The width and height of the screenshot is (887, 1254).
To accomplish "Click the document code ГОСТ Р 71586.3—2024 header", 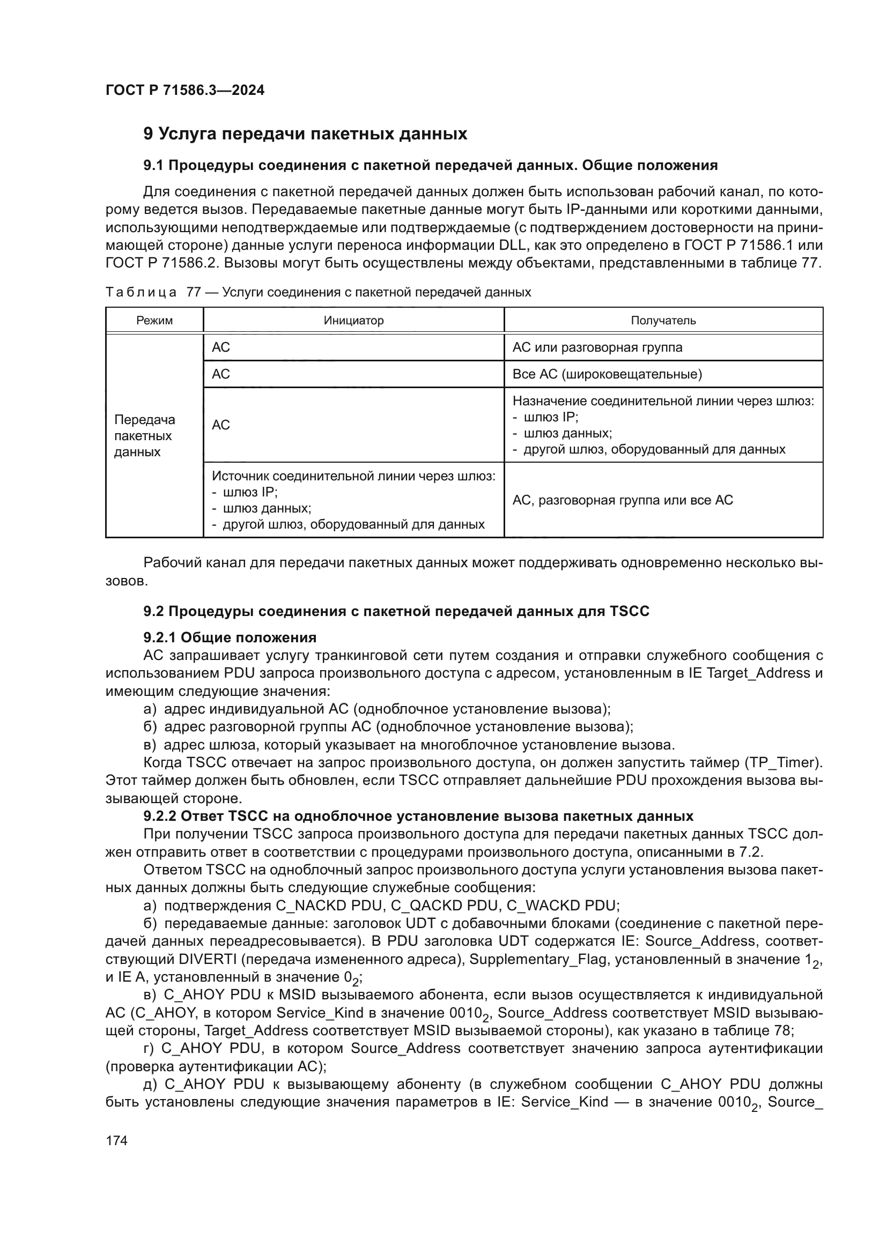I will [184, 90].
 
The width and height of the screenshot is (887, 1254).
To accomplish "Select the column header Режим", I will [154, 321].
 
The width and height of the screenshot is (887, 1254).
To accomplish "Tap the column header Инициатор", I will [353, 321].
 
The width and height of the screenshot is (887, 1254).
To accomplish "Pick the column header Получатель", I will [663, 321].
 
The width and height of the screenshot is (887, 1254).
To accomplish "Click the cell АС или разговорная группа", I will [597, 347].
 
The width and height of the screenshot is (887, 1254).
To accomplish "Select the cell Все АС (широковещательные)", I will [607, 374].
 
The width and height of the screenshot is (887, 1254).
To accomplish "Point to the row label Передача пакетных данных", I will [144, 436].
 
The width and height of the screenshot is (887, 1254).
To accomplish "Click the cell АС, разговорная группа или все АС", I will [622, 500].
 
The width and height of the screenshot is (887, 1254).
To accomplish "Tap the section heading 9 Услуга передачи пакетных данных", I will [305, 134].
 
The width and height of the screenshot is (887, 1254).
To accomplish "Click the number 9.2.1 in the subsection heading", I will [159, 637].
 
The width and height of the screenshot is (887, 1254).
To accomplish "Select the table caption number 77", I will [194, 292].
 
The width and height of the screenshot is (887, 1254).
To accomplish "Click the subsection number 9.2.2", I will [159, 817].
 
